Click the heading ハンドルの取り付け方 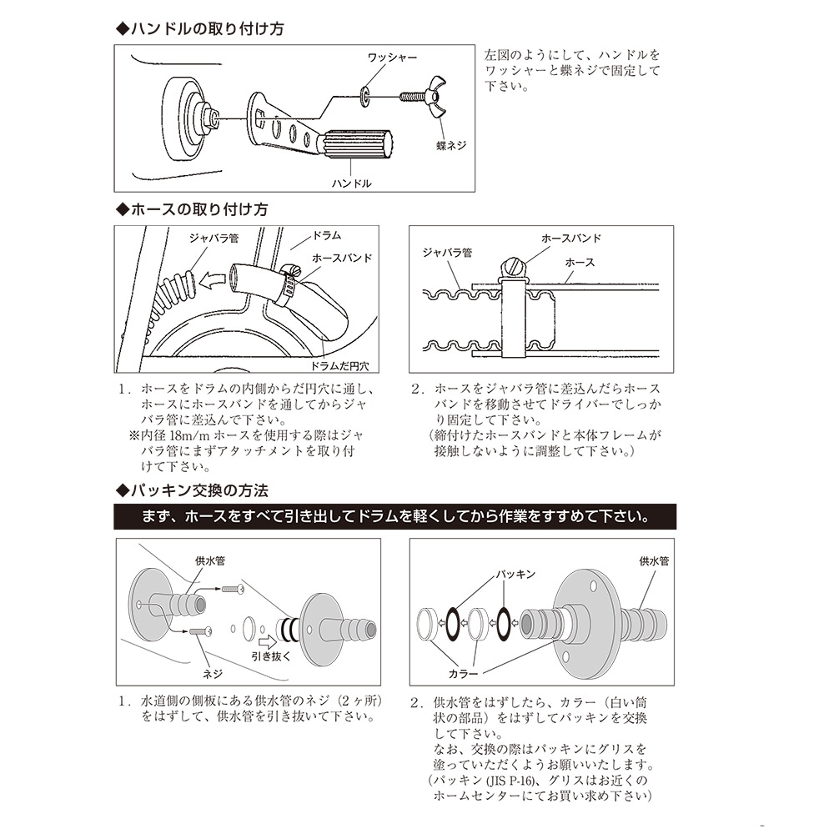click(x=200, y=28)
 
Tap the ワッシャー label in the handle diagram click(x=392, y=58)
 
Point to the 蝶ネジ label click(x=451, y=145)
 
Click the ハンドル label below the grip click(x=352, y=183)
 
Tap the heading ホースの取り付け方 click(x=192, y=209)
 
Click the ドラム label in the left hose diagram click(x=326, y=235)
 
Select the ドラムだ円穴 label click(x=339, y=366)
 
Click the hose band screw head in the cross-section click(x=511, y=265)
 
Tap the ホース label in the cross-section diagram click(x=580, y=262)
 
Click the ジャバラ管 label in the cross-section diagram click(x=447, y=253)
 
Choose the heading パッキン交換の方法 click(x=192, y=490)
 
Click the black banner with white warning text click(x=394, y=516)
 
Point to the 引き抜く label click(x=271, y=656)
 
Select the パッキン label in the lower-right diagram click(x=515, y=574)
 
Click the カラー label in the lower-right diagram click(x=463, y=674)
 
